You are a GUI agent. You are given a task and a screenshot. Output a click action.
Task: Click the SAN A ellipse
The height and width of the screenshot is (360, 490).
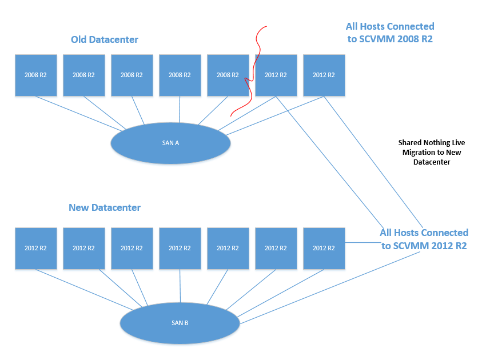click(170, 143)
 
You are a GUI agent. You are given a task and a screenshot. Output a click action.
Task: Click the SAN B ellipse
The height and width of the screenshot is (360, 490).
click(180, 323)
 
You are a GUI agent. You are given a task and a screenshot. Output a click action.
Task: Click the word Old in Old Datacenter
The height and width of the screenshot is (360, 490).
click(79, 39)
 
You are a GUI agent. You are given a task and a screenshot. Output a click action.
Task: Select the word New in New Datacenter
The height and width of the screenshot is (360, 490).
click(79, 207)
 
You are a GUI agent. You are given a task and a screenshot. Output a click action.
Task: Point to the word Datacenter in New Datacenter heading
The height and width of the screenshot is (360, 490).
click(116, 207)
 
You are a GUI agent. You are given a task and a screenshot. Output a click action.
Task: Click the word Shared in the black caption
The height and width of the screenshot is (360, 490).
click(410, 143)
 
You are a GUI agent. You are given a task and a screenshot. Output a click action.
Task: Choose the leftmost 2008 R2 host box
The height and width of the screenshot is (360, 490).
click(36, 75)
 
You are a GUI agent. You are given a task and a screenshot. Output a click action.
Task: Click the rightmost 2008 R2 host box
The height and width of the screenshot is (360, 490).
click(228, 75)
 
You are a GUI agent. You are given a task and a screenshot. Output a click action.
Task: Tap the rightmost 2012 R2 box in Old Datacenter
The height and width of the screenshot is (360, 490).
click(324, 75)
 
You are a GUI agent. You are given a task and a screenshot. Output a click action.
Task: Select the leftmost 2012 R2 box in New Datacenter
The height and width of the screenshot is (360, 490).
click(36, 249)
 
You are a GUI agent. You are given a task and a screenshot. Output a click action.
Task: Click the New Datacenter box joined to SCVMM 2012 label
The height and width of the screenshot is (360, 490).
click(324, 249)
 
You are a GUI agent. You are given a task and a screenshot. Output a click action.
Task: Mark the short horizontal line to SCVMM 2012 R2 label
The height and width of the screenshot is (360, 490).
click(363, 242)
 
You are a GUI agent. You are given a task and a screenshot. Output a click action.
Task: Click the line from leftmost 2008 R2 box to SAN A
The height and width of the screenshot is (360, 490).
click(79, 113)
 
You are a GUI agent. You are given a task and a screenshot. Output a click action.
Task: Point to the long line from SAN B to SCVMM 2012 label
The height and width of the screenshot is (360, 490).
click(330, 287)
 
